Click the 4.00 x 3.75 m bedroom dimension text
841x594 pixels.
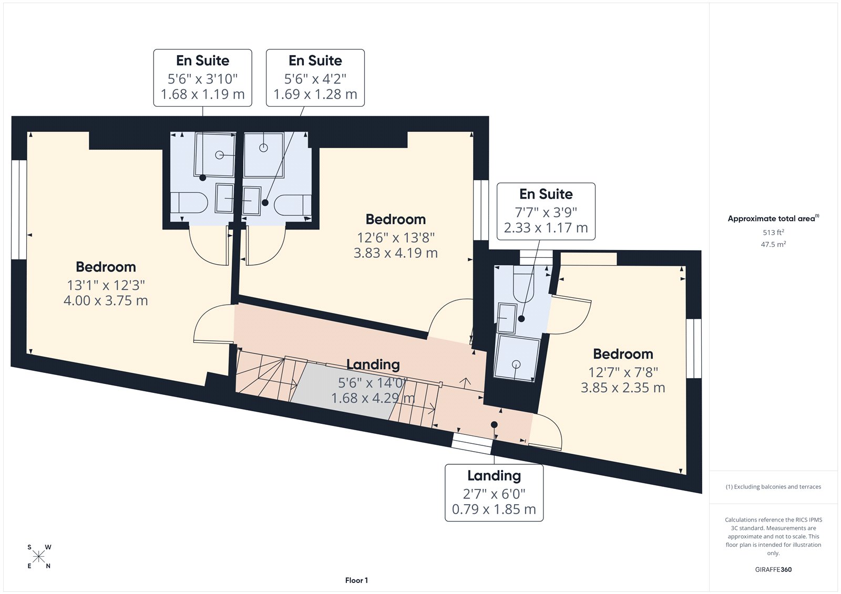(106, 301)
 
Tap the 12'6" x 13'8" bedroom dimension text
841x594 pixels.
(396, 237)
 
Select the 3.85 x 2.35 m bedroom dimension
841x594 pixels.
(623, 388)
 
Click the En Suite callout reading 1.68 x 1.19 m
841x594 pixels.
(202, 78)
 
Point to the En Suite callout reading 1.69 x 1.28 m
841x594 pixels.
(315, 78)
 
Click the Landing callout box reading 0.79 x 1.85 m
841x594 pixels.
(494, 493)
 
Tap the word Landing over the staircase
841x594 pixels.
(373, 364)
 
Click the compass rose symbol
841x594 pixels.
(39, 557)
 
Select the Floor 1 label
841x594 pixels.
(356, 580)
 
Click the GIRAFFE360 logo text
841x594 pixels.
(773, 569)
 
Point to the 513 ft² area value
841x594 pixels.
(773, 232)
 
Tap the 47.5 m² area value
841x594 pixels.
(773, 244)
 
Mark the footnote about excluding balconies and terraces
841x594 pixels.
(773, 487)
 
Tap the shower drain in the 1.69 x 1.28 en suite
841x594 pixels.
(263, 148)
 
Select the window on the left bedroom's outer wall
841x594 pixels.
(19, 210)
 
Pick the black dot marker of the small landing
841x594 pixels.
(494, 424)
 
